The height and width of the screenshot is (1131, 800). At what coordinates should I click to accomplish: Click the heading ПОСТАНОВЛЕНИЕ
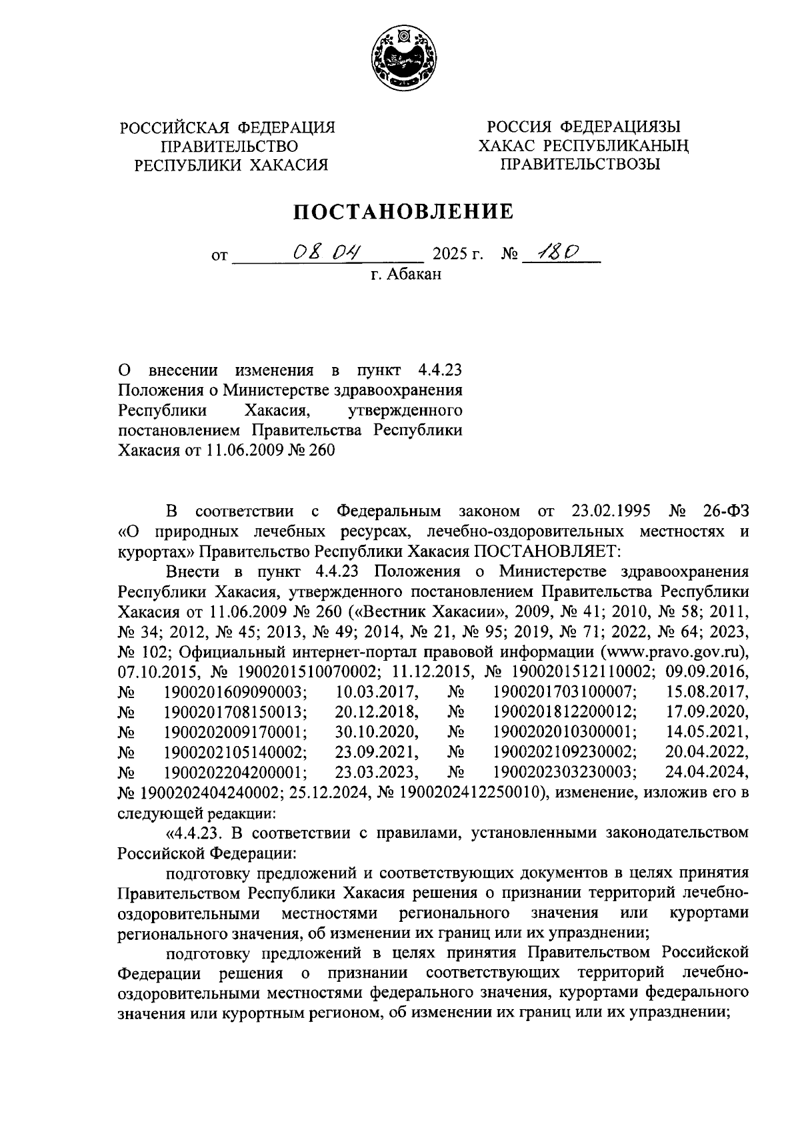405,212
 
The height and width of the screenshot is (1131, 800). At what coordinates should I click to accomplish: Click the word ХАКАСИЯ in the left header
289,165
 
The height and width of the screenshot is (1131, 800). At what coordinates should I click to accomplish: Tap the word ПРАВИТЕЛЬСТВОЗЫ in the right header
580,165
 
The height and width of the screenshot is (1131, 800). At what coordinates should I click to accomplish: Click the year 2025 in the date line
450,254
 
